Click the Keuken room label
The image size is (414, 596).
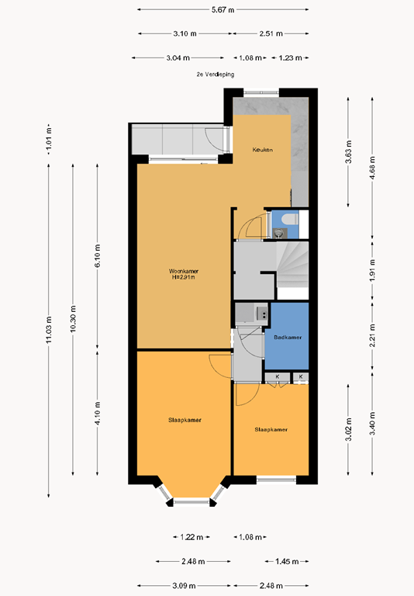(x=263, y=150)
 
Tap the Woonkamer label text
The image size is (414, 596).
(x=184, y=271)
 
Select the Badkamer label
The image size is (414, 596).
(x=288, y=337)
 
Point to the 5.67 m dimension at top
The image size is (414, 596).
(x=223, y=10)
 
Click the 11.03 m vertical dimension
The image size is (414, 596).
(x=49, y=330)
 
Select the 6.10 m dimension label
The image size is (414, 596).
(x=98, y=256)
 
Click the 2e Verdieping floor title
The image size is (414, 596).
(x=216, y=74)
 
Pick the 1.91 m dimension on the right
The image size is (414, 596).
(x=373, y=270)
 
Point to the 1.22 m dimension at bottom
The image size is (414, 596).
(x=191, y=537)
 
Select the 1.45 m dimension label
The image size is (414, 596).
(x=287, y=561)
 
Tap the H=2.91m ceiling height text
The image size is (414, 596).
(x=184, y=278)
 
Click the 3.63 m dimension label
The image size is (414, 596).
(x=348, y=151)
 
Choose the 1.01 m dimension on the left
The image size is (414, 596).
(x=49, y=139)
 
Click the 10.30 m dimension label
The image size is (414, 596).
(x=74, y=318)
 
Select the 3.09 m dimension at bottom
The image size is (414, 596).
(x=184, y=586)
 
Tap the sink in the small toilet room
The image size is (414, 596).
(x=279, y=233)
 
